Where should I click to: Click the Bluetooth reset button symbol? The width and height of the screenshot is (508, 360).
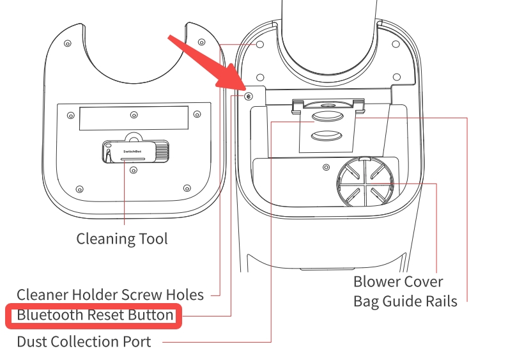click(249, 97)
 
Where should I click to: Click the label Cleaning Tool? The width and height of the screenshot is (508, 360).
click(122, 239)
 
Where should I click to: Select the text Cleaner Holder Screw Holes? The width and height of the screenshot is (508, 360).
click(110, 295)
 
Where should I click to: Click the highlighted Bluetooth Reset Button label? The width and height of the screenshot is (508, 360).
click(95, 315)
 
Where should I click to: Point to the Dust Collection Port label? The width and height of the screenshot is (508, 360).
click(84, 341)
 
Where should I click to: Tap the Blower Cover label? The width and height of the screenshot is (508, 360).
click(398, 281)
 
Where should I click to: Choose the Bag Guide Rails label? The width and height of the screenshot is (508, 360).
click(405, 301)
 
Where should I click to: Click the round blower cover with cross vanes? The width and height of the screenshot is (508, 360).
click(365, 182)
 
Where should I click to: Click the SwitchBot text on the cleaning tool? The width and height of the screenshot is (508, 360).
click(132, 152)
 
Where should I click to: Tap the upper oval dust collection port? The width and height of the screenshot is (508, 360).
click(327, 116)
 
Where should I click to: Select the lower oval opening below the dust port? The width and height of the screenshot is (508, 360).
click(327, 136)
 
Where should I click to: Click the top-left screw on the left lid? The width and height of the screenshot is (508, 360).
click(68, 43)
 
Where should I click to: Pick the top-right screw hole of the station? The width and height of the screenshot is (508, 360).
click(396, 44)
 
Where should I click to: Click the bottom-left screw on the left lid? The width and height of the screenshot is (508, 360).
click(79, 189)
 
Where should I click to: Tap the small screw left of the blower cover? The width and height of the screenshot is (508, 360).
click(327, 168)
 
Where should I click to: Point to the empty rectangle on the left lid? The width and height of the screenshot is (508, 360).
click(134, 118)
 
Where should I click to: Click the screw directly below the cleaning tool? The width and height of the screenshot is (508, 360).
click(133, 170)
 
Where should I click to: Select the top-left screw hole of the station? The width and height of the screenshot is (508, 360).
click(260, 44)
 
